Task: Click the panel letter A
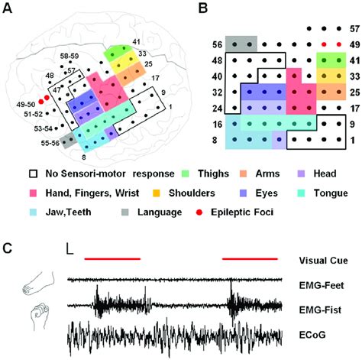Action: pyautogui.click(x=10, y=10)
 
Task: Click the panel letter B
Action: pyautogui.click(x=202, y=10)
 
